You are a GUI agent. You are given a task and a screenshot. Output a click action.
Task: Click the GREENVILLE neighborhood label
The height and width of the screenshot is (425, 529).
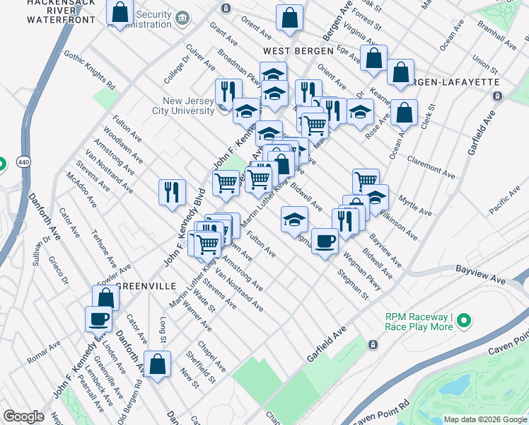point(145,286)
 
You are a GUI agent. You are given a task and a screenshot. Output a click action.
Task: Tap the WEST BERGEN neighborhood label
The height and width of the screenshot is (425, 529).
point(297,52)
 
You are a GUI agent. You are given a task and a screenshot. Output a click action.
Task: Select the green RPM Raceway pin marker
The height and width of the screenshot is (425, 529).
point(464,322)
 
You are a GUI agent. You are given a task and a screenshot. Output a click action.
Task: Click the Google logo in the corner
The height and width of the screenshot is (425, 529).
point(23,416)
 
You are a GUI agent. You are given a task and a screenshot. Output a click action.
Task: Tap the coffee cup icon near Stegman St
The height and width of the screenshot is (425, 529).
point(325,242)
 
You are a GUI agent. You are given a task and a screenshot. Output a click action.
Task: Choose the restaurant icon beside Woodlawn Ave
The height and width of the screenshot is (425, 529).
point(173,191)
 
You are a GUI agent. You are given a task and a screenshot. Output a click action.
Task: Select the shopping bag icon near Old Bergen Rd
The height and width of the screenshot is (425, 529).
point(158,363)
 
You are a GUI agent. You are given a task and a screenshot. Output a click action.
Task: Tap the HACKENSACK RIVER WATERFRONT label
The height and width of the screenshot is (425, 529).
point(61,12)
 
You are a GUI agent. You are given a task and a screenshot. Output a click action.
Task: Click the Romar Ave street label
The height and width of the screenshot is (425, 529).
point(44,355)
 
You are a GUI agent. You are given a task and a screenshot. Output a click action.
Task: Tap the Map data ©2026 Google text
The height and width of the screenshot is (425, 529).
point(484,419)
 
